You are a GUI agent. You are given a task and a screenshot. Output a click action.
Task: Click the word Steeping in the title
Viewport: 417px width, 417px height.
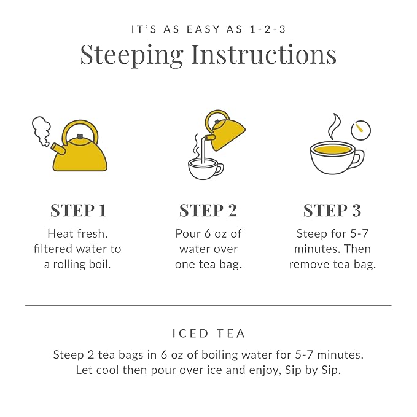pyautogui.click(x=131, y=55)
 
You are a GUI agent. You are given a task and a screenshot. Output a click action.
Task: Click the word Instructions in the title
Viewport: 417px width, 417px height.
pyautogui.click(x=264, y=54)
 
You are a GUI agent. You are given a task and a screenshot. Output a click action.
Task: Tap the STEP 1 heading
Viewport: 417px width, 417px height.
pyautogui.click(x=78, y=211)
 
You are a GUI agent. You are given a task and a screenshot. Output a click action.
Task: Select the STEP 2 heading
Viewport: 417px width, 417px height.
pyautogui.click(x=208, y=211)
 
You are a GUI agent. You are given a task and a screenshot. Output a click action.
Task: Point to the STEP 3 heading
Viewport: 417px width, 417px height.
pyautogui.click(x=332, y=211)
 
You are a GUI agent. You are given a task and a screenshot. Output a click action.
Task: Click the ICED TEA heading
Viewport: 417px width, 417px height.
pyautogui.click(x=209, y=333)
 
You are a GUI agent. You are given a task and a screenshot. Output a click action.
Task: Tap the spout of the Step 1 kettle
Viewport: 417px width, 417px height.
pyautogui.click(x=58, y=149)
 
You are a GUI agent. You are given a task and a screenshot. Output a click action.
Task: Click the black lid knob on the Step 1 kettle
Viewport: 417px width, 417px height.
pyautogui.click(x=80, y=137)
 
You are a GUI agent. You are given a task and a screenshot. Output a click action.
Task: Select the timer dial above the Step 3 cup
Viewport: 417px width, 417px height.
pyautogui.click(x=360, y=130)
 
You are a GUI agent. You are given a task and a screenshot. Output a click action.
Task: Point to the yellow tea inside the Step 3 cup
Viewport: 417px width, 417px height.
pyautogui.click(x=332, y=149)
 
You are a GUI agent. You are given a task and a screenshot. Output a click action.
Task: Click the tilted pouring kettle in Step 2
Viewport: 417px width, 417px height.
pyautogui.click(x=225, y=131)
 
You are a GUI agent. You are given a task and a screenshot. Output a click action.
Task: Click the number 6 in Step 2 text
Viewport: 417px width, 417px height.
pyautogui.click(x=208, y=234)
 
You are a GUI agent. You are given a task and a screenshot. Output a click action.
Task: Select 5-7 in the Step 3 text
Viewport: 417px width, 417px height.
pyautogui.click(x=359, y=234)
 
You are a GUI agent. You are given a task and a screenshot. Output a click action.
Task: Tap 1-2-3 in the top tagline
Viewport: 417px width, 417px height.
pyautogui.click(x=268, y=29)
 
